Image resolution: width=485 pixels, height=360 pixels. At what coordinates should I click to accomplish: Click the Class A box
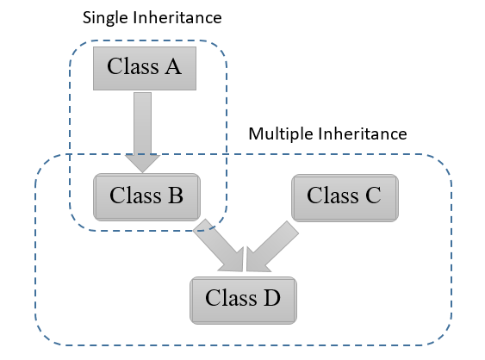pos(145,67)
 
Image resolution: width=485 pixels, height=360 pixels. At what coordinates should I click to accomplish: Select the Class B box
pos(146,196)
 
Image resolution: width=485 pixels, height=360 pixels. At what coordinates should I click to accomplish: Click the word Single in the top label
pos(104,17)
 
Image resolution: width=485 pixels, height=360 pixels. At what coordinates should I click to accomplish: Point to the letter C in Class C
pos(370,196)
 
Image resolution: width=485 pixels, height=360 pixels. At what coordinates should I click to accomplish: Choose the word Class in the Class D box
pos(230,298)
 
